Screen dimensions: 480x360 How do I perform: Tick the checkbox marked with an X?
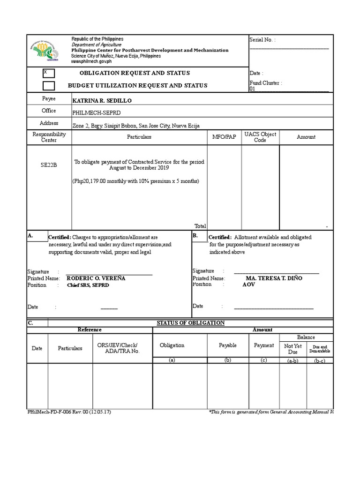tap(48, 73)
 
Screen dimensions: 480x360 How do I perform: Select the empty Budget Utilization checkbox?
tap(48, 85)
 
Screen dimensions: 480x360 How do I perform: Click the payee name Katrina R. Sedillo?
tap(102, 101)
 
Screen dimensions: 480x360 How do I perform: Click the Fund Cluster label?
tap(265, 83)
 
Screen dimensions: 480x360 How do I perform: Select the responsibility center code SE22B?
tap(48, 165)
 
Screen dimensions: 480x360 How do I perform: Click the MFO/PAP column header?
tap(224, 137)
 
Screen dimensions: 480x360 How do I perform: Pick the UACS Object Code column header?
tap(260, 137)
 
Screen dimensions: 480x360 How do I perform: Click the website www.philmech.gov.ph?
tap(91, 61)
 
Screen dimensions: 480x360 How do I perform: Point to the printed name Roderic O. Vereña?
tap(96, 278)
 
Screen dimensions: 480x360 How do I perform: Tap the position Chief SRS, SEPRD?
tap(88, 285)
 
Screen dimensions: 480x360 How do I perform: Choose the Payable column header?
tap(228, 345)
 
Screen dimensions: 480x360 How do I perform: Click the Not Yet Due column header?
tap(293, 348)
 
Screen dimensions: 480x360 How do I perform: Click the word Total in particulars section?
tap(200, 226)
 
